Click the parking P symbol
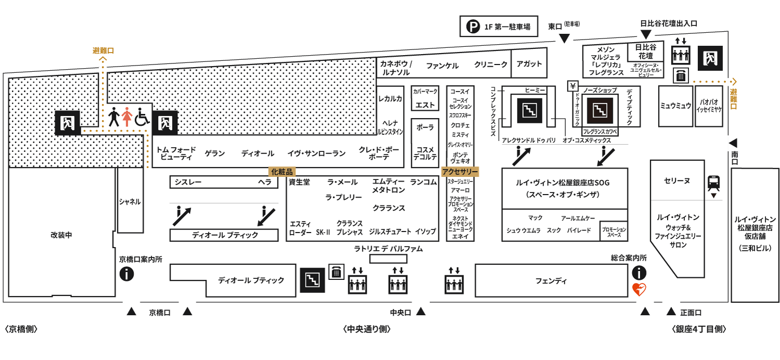click(x=473, y=27)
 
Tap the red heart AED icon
click(x=639, y=289)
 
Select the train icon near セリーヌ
click(x=713, y=183)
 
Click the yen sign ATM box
click(x=573, y=86)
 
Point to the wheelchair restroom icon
click(x=142, y=117)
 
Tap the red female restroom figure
click(x=127, y=117)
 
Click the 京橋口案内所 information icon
click(x=127, y=274)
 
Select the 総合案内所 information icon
click(x=639, y=273)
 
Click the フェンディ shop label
click(x=551, y=281)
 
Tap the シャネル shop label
click(x=130, y=202)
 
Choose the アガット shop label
click(x=529, y=64)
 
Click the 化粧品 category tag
click(x=282, y=172)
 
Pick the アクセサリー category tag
click(x=460, y=172)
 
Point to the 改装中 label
click(x=61, y=235)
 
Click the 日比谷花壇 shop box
click(x=646, y=52)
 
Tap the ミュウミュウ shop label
click(x=675, y=106)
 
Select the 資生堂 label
click(x=299, y=182)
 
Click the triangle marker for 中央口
click(x=421, y=311)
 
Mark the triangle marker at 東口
click(x=564, y=38)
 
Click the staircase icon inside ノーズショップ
click(x=600, y=111)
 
